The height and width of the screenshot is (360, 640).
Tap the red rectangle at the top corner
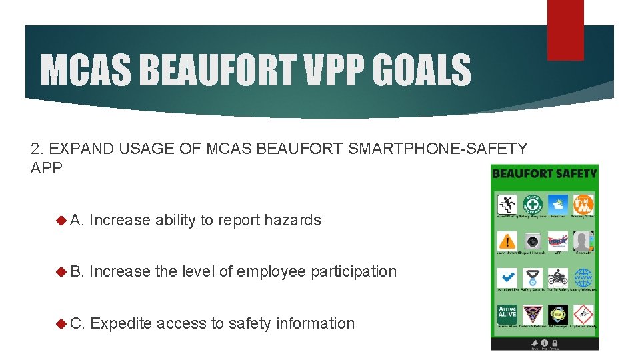click(x=565, y=29)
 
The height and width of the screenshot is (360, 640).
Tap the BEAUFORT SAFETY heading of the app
click(x=544, y=173)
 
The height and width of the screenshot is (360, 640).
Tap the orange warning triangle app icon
click(x=507, y=241)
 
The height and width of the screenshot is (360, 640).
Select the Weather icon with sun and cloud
click(x=558, y=204)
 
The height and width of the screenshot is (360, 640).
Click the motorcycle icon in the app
click(x=558, y=277)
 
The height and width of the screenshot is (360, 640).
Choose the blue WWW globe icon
click(x=583, y=277)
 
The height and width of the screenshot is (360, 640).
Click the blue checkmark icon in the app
click(x=507, y=277)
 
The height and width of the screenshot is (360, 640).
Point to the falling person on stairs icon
click(x=507, y=204)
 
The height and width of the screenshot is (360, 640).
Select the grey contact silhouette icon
click(x=583, y=241)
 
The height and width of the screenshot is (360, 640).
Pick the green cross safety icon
click(x=533, y=204)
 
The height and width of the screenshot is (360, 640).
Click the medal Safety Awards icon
click(x=533, y=277)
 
